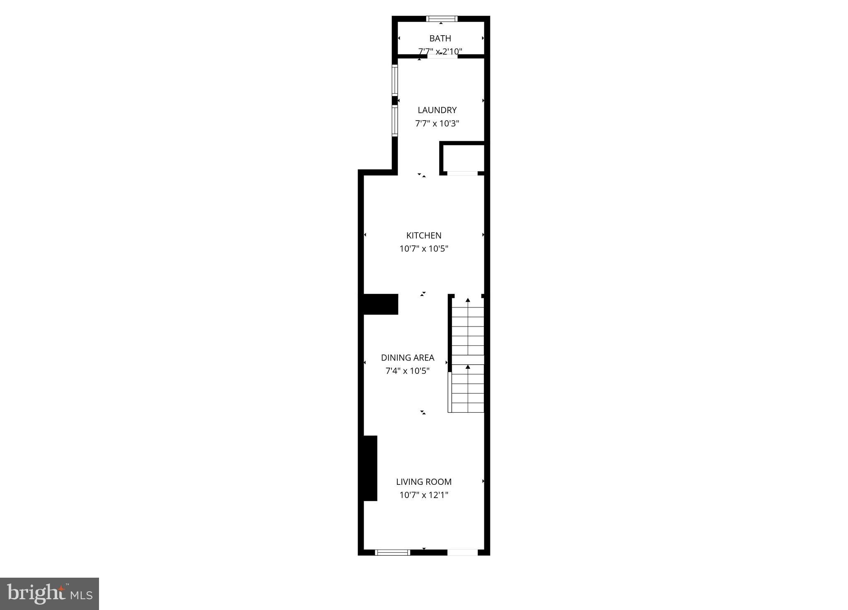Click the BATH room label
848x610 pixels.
440,39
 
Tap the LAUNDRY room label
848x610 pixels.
437,110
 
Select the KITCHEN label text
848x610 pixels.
424,235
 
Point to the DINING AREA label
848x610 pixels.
408,358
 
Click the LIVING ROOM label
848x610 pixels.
424,482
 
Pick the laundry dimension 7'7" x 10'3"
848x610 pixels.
437,123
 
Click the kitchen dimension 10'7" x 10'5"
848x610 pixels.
424,249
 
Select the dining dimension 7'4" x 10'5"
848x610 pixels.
408,371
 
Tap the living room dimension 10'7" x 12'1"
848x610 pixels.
424,495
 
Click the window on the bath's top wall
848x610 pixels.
442,19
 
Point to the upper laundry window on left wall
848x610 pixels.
395,80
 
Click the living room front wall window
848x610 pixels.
392,552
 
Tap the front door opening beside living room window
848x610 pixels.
462,552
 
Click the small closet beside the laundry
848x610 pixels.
462,157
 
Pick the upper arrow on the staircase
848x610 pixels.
468,300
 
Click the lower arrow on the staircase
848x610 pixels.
468,367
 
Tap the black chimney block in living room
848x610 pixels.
370,468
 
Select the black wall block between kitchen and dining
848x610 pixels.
381,304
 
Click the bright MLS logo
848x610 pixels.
49,594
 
